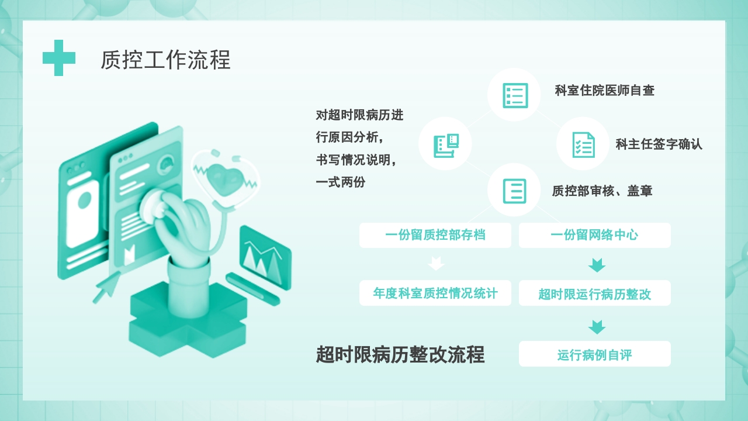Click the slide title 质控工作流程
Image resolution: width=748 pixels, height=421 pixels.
(x=165, y=60)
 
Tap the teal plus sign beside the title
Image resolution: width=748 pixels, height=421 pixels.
(x=58, y=58)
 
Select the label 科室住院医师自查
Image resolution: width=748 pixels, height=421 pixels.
(x=604, y=91)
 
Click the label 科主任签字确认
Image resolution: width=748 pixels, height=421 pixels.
(x=659, y=144)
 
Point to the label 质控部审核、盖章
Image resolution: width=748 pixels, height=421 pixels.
(x=602, y=191)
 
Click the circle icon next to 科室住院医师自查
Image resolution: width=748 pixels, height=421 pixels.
(x=515, y=95)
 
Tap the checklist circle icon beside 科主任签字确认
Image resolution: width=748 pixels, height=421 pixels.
(x=583, y=144)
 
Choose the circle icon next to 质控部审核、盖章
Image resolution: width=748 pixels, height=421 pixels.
(x=514, y=191)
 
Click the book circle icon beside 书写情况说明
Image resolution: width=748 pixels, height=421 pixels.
(x=445, y=144)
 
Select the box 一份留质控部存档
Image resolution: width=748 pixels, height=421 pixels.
(x=435, y=235)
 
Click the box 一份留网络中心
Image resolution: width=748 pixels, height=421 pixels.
(x=594, y=235)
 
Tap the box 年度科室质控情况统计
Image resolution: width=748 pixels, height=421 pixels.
(x=435, y=293)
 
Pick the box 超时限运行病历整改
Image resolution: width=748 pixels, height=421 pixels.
(x=594, y=294)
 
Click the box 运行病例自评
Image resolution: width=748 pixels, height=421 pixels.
(x=594, y=354)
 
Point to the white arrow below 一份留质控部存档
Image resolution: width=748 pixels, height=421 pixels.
(x=436, y=264)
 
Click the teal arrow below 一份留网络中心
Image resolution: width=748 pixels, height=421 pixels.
(x=597, y=265)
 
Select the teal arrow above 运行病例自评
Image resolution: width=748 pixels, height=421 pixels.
(x=597, y=327)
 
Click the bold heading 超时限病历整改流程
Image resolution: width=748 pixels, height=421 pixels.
(x=400, y=354)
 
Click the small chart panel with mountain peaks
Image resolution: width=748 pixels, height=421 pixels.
(x=265, y=257)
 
